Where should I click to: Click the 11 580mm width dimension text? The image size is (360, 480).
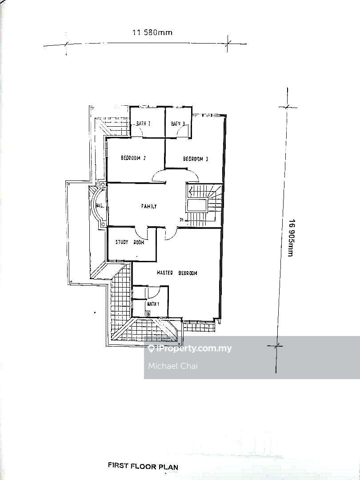point(152,32)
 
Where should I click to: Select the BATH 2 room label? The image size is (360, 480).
point(143,124)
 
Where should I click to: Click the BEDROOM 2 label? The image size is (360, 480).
point(133,158)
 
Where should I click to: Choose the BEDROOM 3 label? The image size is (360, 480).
point(196,159)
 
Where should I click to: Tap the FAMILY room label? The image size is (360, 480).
point(149,206)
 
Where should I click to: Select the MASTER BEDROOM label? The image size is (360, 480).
point(176,273)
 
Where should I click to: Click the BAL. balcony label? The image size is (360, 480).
point(100,206)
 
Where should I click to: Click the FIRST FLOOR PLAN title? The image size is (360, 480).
point(143,466)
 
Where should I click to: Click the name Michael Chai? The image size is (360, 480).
point(172,366)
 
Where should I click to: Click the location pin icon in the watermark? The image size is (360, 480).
point(151,349)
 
